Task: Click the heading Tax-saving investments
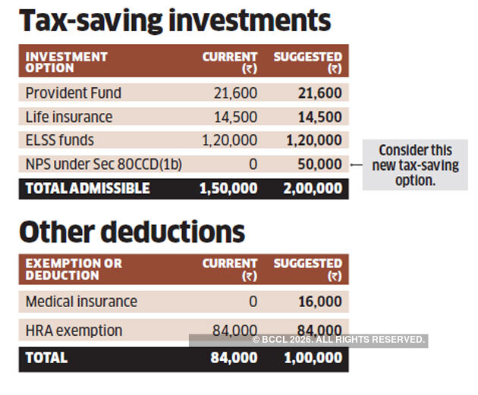click(x=175, y=21)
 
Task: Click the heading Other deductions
click(x=132, y=231)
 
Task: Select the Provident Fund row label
click(x=74, y=93)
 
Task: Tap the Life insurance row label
click(x=69, y=117)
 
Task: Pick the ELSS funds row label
click(x=60, y=140)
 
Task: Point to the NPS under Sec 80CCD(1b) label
click(x=104, y=165)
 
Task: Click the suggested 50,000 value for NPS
click(x=319, y=165)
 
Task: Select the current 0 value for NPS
click(x=253, y=165)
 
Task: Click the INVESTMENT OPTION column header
click(x=67, y=62)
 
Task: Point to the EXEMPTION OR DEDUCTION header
click(x=74, y=269)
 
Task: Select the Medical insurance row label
click(x=81, y=302)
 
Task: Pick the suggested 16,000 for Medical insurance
click(x=319, y=302)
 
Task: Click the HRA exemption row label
click(x=74, y=331)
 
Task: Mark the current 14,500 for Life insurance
click(x=236, y=117)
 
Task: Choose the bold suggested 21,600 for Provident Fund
click(x=319, y=93)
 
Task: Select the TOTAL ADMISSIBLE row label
click(x=88, y=188)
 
